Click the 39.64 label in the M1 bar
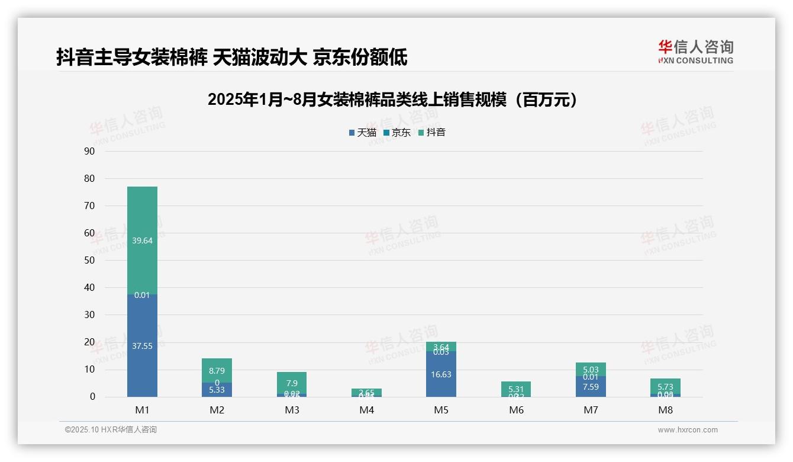[142, 240]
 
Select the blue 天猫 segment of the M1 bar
[142, 345]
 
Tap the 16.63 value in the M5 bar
[441, 374]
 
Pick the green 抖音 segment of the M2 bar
[217, 370]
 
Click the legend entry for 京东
[397, 133]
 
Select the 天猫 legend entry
[363, 133]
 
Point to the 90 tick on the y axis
[89, 151]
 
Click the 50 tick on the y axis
[89, 260]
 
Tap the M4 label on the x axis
[366, 410]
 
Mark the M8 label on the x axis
[665, 410]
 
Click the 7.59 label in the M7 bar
[591, 387]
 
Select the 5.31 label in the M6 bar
[516, 389]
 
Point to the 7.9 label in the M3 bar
[292, 383]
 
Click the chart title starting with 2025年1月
[392, 100]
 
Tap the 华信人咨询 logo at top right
[695, 52]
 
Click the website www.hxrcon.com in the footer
[687, 430]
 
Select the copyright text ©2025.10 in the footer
[111, 430]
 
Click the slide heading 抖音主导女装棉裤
[231, 57]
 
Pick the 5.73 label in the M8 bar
[665, 387]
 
